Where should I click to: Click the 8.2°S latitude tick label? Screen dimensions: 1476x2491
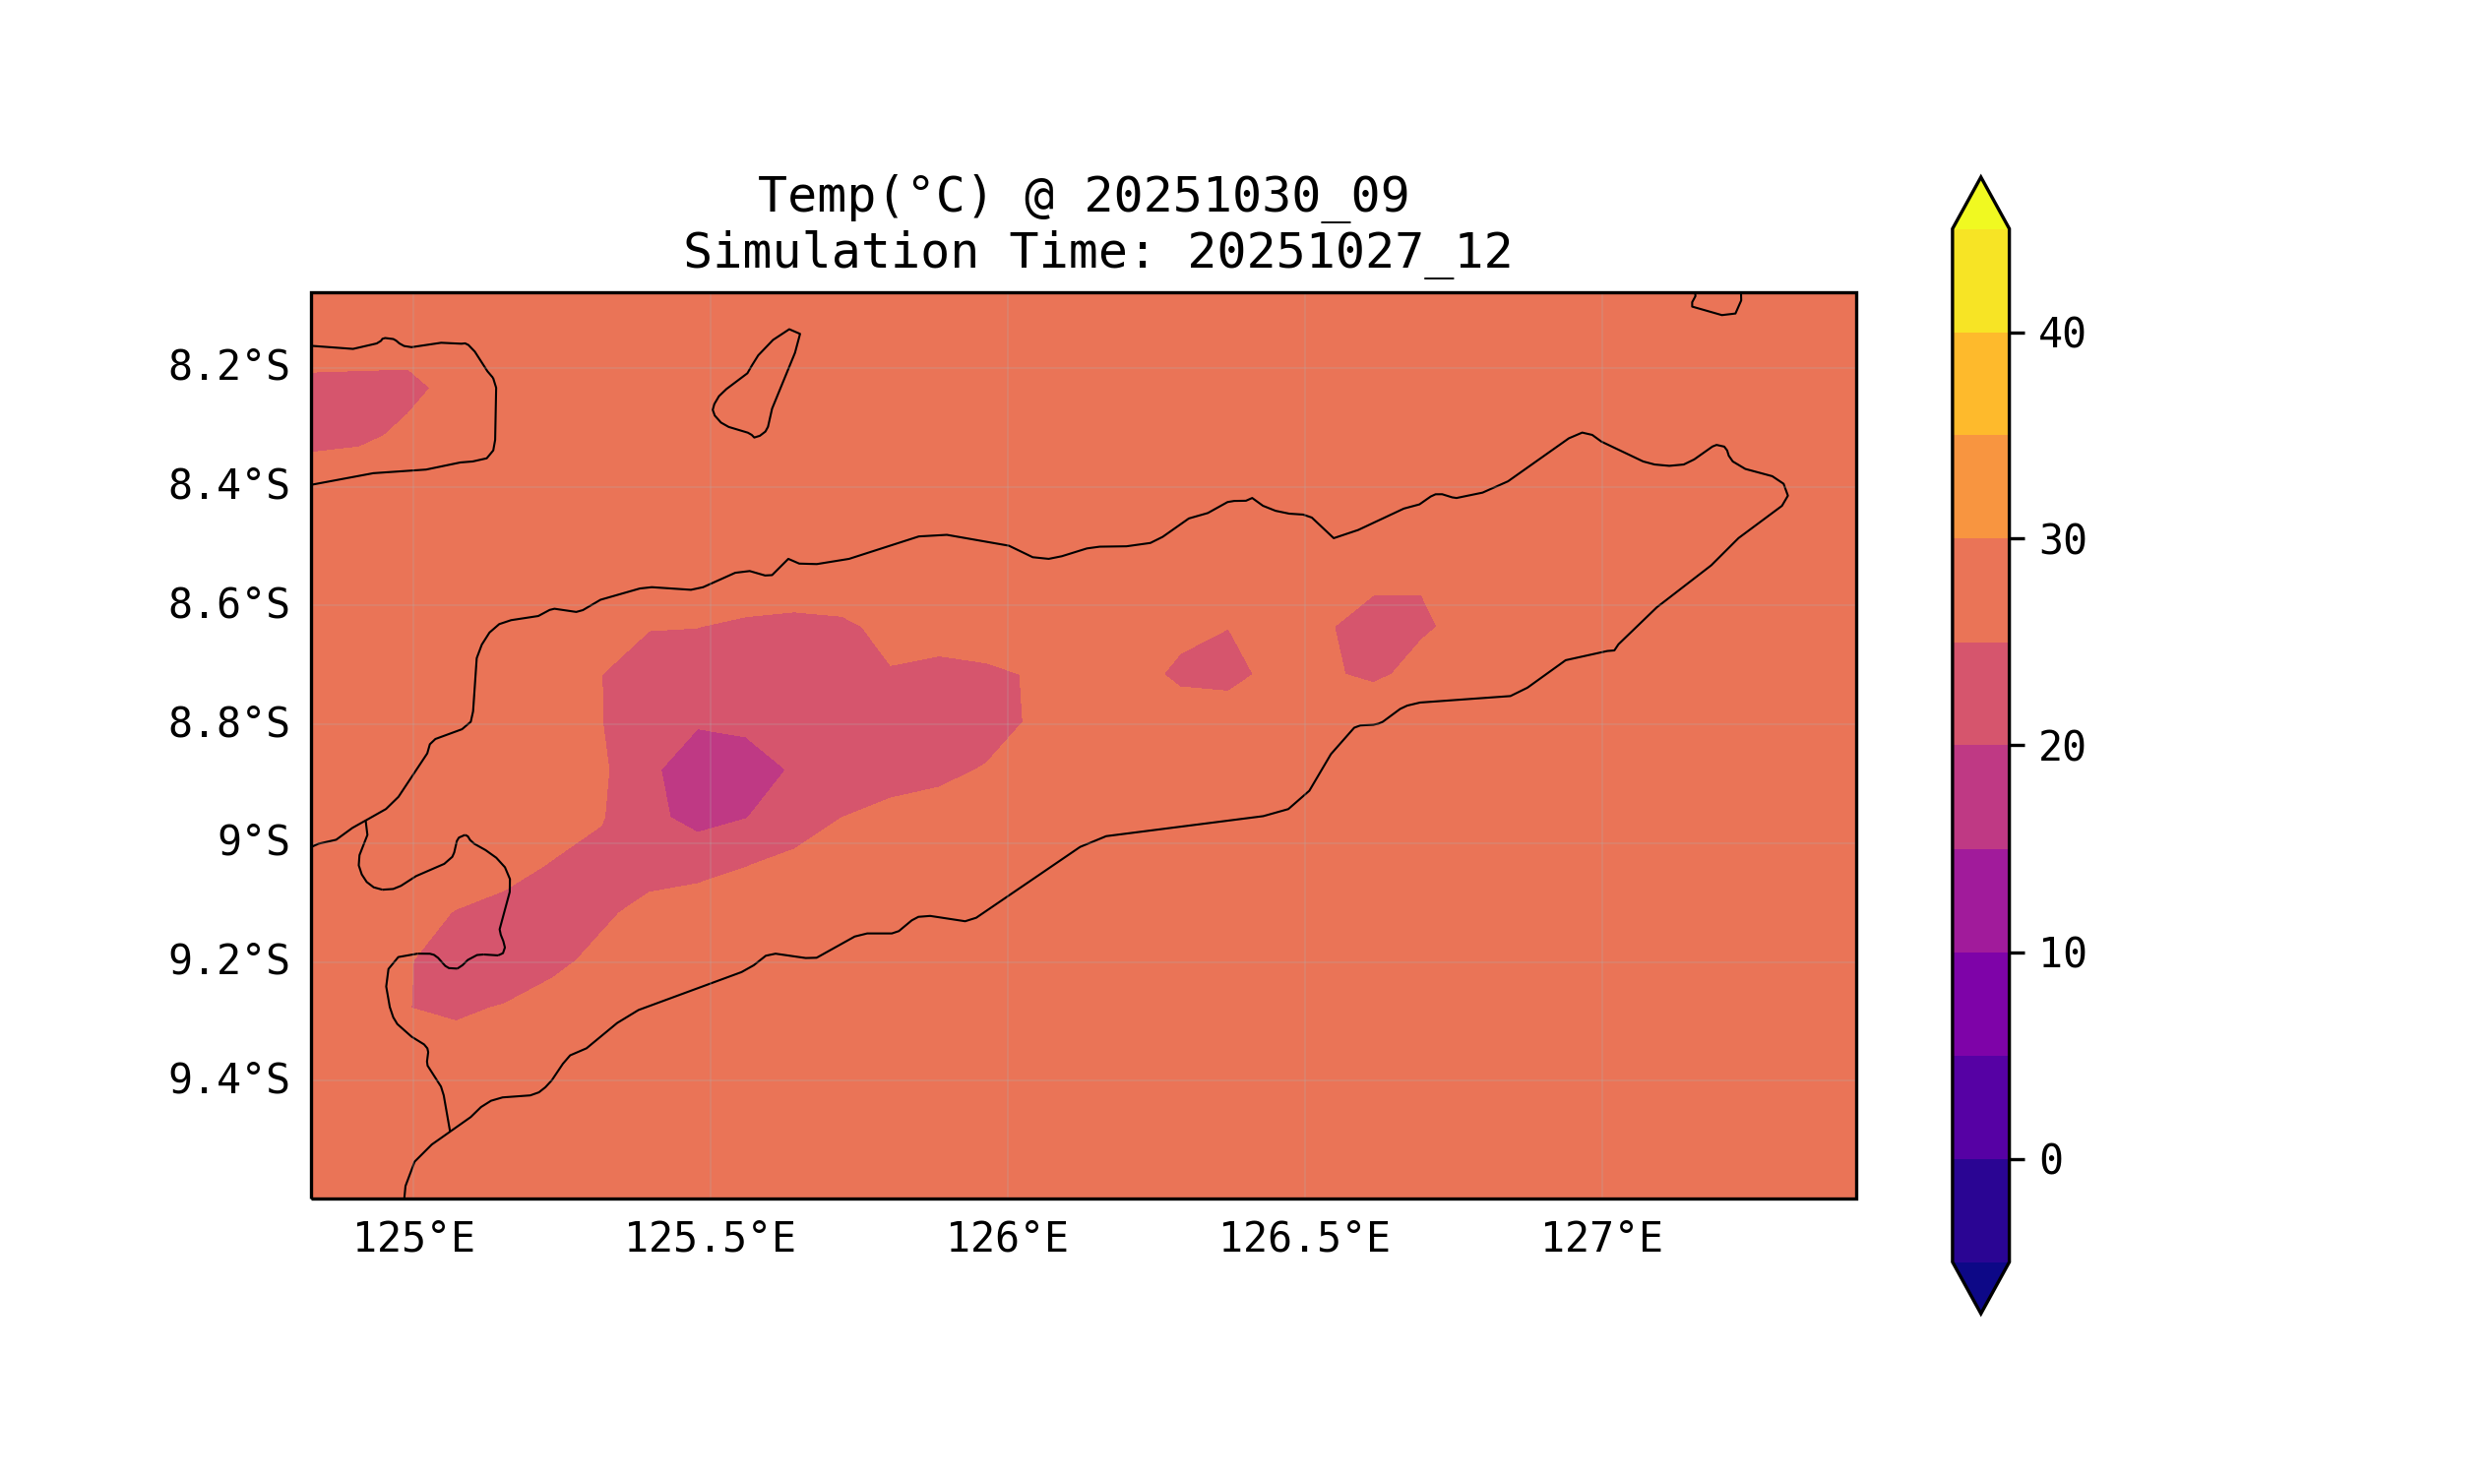click(x=227, y=367)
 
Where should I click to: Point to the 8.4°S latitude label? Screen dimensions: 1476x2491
click(x=227, y=486)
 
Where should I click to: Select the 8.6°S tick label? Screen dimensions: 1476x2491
click(x=227, y=605)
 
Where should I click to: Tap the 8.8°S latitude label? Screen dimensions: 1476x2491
click(x=227, y=724)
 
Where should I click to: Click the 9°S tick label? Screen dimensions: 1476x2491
click(x=253, y=842)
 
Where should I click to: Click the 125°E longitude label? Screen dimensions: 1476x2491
click(x=413, y=1239)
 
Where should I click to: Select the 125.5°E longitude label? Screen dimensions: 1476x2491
click(x=710, y=1239)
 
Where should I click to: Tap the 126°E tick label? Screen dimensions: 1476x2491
click(x=1007, y=1239)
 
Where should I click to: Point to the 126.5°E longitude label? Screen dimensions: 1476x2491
click(x=1303, y=1239)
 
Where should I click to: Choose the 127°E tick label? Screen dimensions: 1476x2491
click(x=1600, y=1239)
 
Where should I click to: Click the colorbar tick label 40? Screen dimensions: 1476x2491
click(x=2061, y=335)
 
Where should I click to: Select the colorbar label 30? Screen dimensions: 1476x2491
click(x=2061, y=541)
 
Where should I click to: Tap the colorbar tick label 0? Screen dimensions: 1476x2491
click(x=2050, y=1161)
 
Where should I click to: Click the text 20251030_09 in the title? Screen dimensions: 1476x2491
click(x=1246, y=196)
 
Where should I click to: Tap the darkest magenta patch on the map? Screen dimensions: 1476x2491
click(x=720, y=780)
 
